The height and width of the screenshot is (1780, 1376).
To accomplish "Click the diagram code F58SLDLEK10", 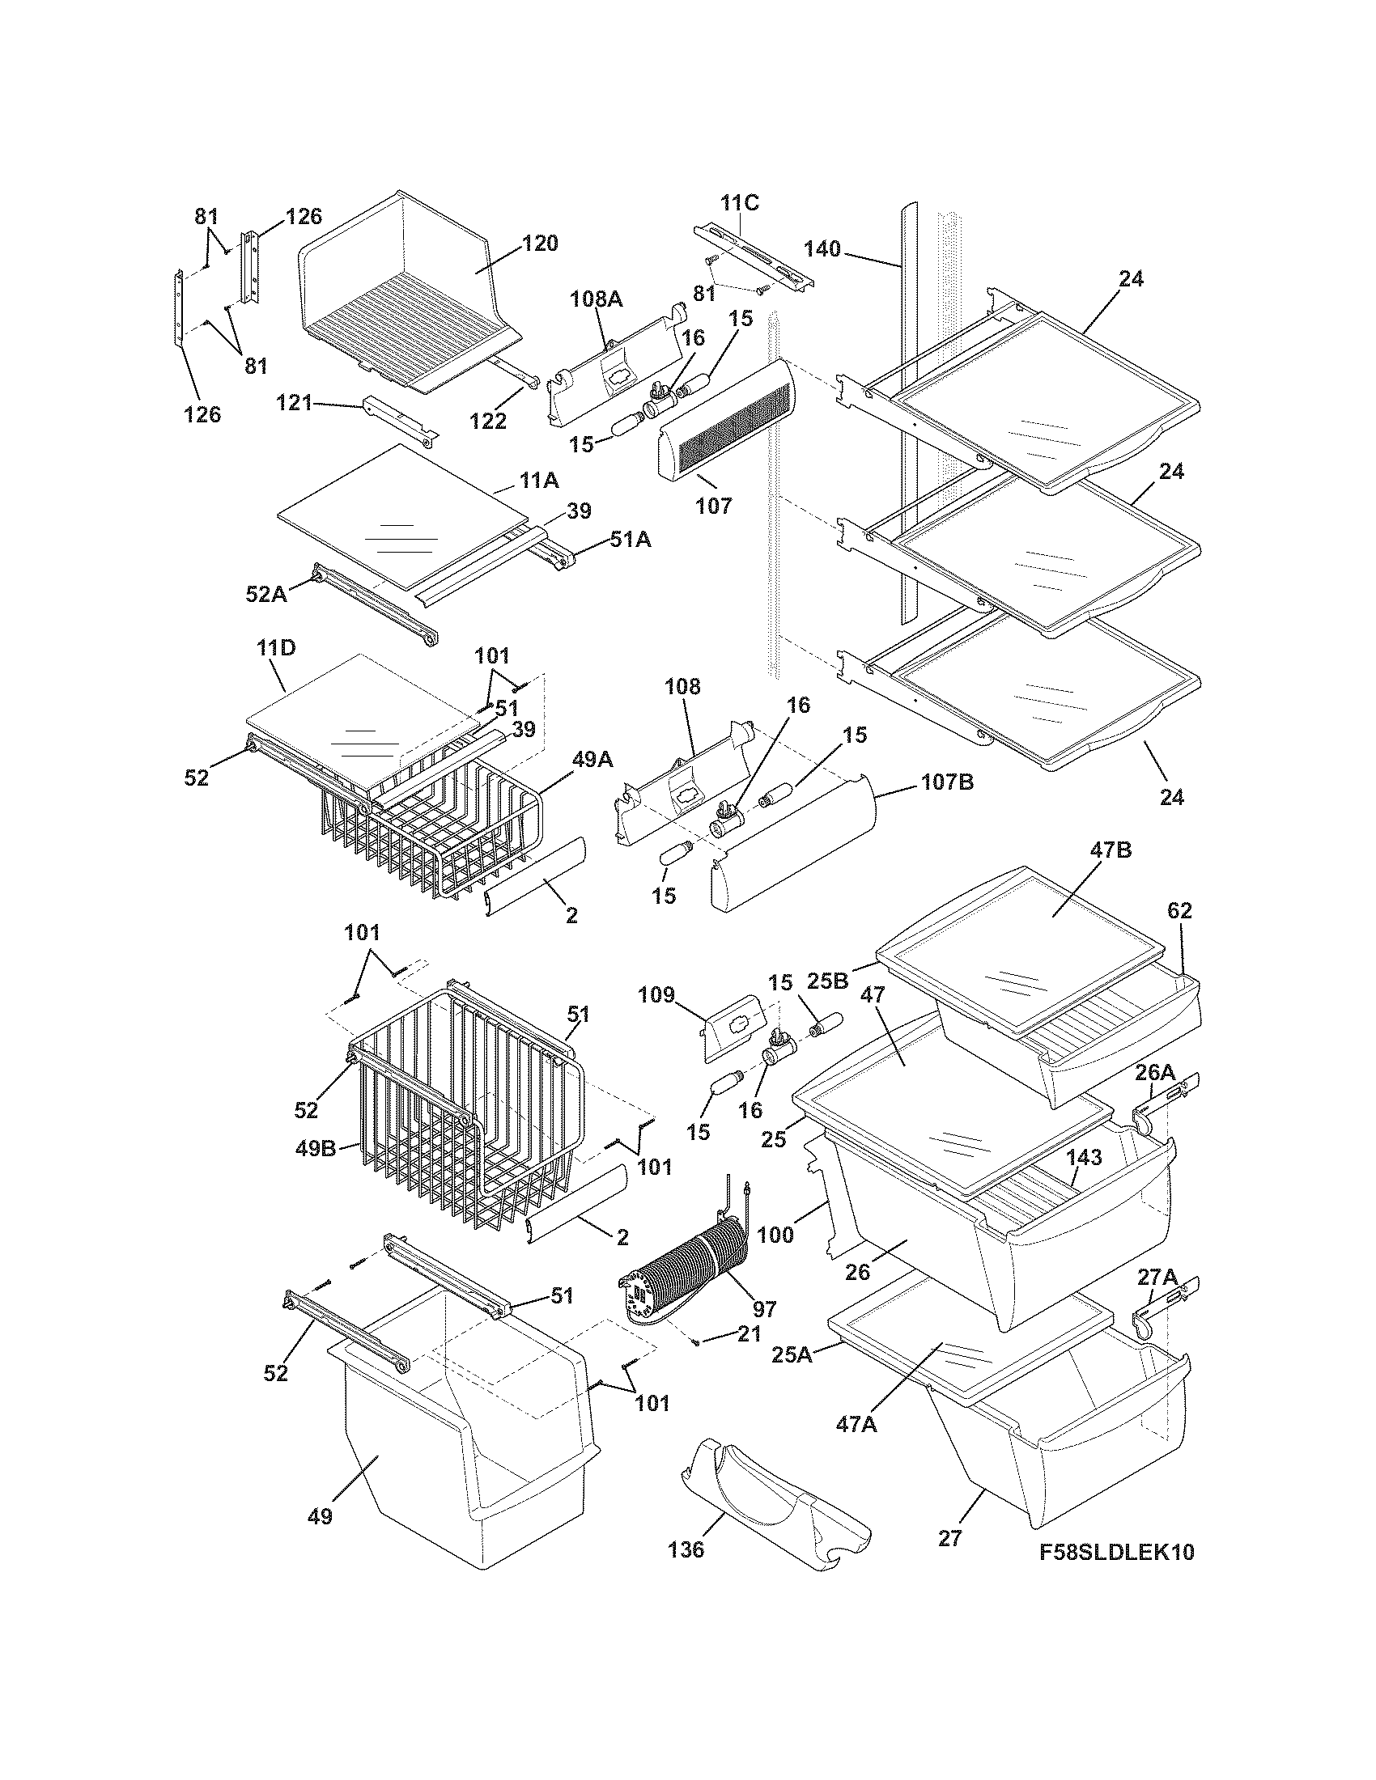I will point(1117,1552).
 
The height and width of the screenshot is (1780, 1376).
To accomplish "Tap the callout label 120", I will point(540,243).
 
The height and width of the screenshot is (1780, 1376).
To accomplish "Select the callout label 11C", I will point(739,203).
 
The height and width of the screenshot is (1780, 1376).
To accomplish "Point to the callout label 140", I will point(822,248).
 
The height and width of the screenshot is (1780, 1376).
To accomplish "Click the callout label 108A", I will point(596,299).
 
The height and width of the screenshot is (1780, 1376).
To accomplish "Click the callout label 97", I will point(764,1310).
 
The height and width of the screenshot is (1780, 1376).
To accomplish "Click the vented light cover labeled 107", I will point(725,432).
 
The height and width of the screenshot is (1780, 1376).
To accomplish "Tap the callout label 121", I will point(295,403).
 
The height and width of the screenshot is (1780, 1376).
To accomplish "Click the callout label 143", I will point(1084,1157).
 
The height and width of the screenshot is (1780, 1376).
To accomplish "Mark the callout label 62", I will point(1179,910).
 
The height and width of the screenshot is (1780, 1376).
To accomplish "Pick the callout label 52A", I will point(266,594).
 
